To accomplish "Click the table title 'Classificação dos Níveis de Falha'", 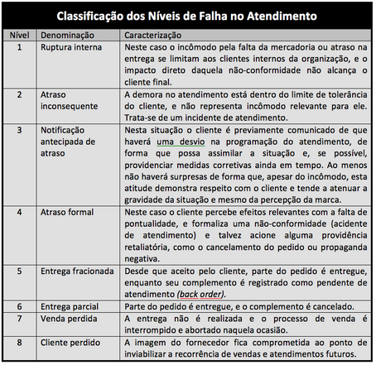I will click(x=188, y=16).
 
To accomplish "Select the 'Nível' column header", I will click(x=19, y=36).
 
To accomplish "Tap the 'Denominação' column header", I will click(x=72, y=36).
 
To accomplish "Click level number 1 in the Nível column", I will click(x=19, y=48).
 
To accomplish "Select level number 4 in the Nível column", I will click(x=19, y=213).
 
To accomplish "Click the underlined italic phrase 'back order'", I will click(x=202, y=294).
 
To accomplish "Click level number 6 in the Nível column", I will click(x=19, y=305).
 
